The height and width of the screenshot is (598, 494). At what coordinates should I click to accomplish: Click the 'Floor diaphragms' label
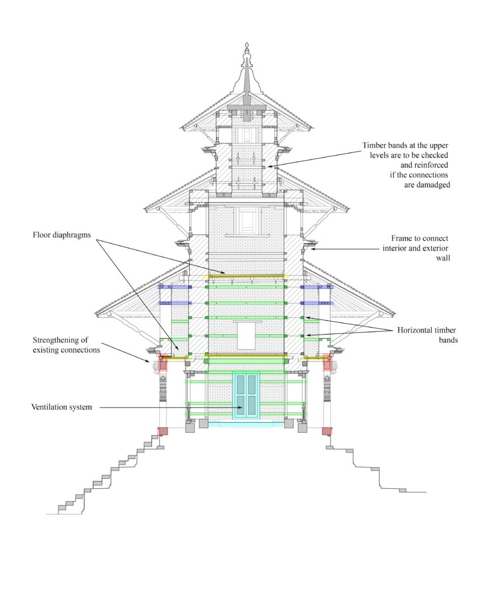click(62, 235)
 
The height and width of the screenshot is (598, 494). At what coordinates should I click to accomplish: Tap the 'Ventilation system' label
click(61, 407)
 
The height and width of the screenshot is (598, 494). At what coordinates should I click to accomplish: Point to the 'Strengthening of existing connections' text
click(66, 345)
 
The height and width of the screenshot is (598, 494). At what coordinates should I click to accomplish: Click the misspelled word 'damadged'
click(427, 185)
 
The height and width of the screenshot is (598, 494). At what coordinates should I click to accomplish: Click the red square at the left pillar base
click(163, 431)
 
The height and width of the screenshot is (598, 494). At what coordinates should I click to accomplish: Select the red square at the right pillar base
click(327, 431)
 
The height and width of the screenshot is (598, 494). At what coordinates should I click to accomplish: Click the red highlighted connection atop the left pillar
click(163, 363)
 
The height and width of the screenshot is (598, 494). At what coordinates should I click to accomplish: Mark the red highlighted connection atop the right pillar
click(327, 363)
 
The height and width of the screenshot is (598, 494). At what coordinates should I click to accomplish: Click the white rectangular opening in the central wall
click(246, 336)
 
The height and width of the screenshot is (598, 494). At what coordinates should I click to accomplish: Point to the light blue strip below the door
click(246, 424)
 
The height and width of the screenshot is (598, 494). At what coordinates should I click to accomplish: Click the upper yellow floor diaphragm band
click(246, 276)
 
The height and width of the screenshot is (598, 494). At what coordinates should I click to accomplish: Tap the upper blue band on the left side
click(175, 287)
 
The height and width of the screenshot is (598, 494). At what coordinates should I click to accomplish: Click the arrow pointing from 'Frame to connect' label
click(345, 249)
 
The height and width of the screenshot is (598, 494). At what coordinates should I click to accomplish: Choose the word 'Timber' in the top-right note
click(374, 145)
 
